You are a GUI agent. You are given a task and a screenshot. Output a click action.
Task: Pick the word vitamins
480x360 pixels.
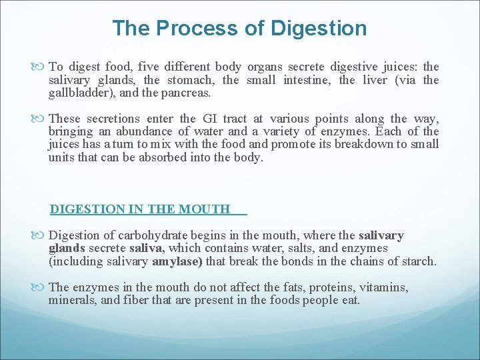383,287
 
